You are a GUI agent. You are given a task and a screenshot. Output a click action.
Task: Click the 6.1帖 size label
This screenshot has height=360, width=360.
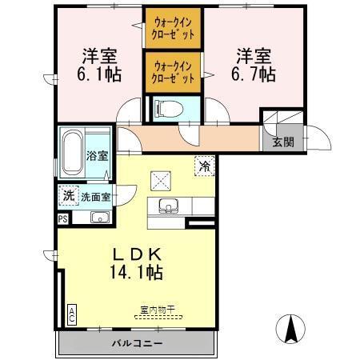click(x=99, y=74)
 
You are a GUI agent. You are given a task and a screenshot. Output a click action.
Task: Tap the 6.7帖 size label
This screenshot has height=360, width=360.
click(x=254, y=74)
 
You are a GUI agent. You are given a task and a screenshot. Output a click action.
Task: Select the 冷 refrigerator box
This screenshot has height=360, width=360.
click(x=205, y=166)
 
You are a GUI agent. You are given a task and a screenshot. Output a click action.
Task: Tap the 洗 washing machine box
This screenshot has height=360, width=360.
click(x=68, y=194)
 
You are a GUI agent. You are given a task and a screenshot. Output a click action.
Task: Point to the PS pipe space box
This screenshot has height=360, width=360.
click(x=62, y=218)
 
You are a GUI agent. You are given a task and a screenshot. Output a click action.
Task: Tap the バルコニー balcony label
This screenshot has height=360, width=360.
click(x=137, y=343)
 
